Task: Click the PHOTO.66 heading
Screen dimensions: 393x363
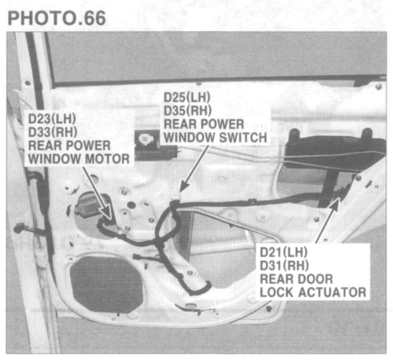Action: coord(57,18)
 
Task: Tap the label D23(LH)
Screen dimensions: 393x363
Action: coord(52,119)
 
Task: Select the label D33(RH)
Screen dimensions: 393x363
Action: coord(53,132)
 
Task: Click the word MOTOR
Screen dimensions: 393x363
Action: coord(107,159)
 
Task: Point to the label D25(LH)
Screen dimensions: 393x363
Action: coord(187,98)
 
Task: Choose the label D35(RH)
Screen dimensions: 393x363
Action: coord(188,111)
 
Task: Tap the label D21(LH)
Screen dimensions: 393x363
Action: coord(284,252)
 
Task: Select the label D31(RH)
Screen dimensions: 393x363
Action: coord(284,265)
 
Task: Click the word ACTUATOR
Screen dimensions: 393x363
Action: coord(332,292)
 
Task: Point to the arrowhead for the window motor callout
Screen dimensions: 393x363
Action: coord(107,211)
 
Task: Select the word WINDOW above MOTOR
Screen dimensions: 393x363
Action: coord(55,159)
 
